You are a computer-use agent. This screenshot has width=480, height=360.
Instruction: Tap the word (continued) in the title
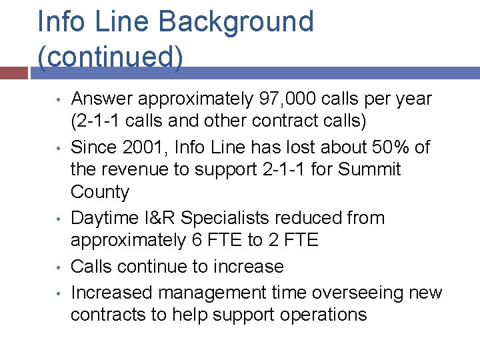click(x=110, y=57)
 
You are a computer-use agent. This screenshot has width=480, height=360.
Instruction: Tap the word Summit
click(x=369, y=170)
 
